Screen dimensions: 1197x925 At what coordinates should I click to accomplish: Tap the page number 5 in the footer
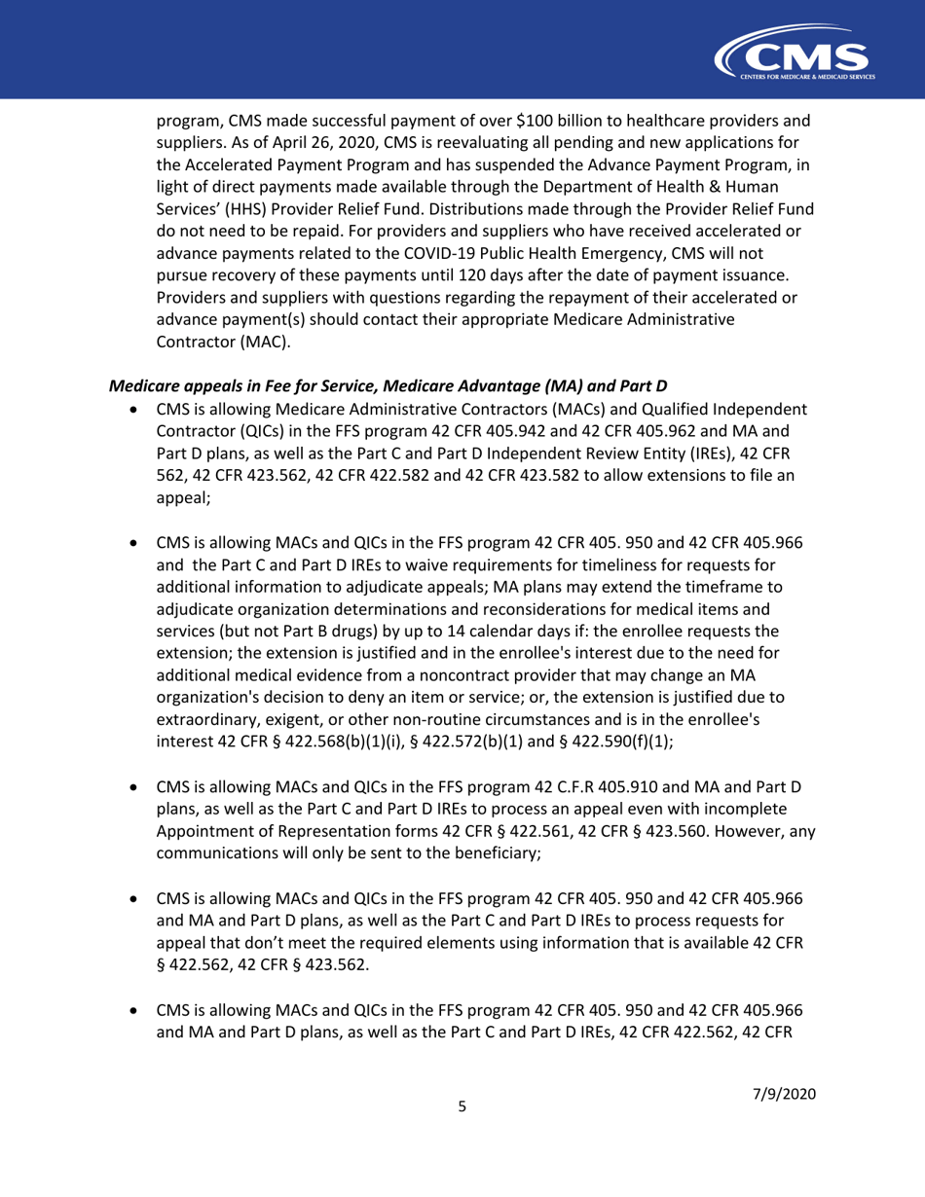(x=462, y=1132)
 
